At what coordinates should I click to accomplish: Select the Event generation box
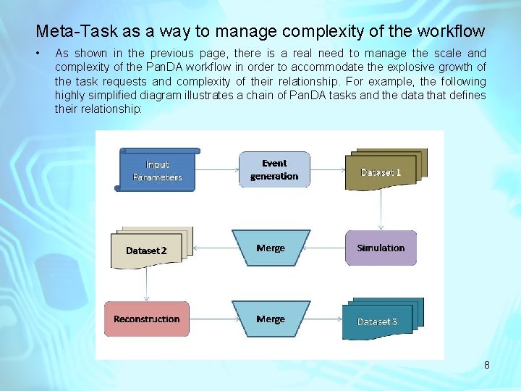(274, 169)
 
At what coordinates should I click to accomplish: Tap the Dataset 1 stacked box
(384, 170)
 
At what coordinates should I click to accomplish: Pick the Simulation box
(381, 248)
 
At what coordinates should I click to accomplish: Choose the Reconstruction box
(147, 319)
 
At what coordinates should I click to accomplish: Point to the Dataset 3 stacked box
(381, 319)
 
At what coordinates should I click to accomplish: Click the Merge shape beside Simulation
(271, 248)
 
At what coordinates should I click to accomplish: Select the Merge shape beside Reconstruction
(271, 319)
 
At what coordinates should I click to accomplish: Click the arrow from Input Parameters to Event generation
(216, 170)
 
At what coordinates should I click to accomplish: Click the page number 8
(487, 365)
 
